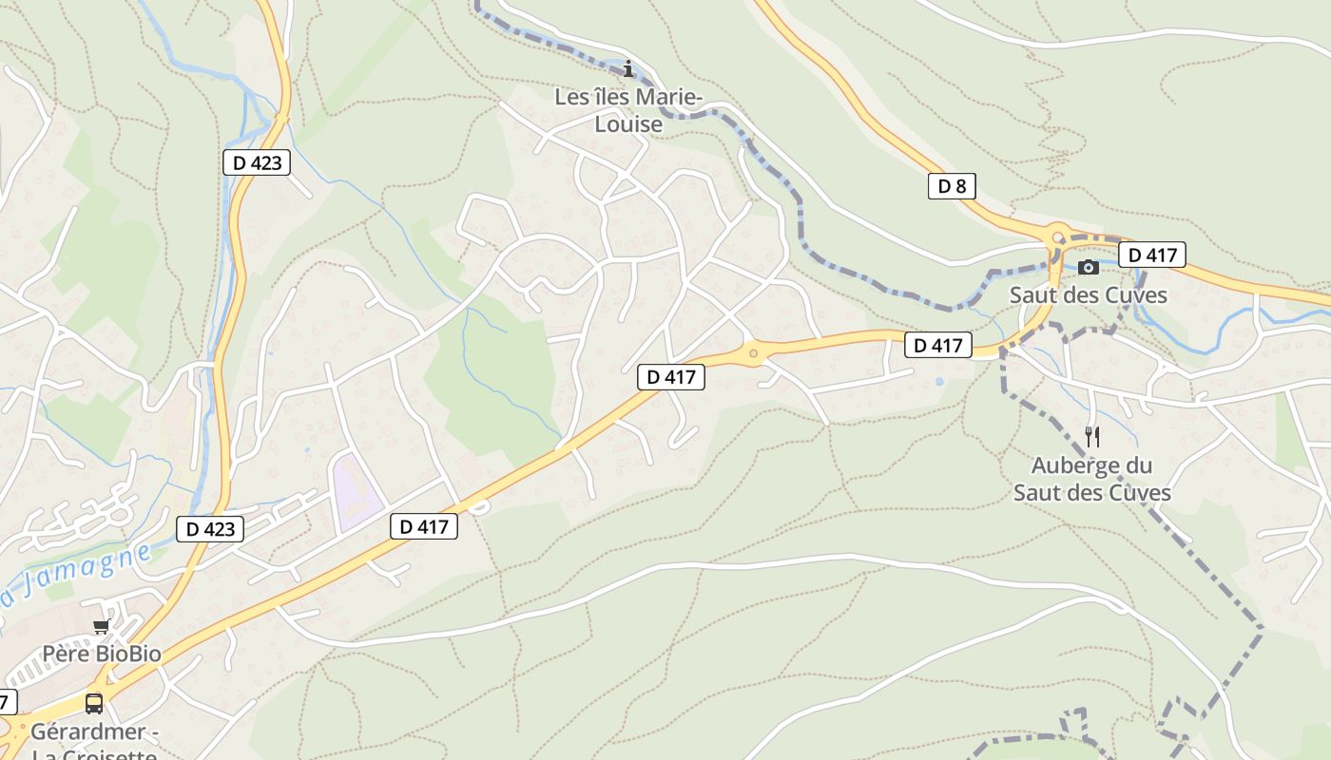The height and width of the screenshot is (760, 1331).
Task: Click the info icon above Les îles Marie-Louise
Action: coord(627,68)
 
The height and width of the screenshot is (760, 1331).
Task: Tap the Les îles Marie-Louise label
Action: coord(628,110)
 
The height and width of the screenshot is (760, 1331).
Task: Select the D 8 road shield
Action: coord(952,186)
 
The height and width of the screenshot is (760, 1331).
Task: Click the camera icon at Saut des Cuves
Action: coord(1089,267)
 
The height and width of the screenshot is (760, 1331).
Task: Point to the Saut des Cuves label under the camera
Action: coord(1088,294)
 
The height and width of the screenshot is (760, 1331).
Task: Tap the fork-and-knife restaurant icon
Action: coord(1092,437)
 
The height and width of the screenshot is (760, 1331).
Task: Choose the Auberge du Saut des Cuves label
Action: coord(1091,479)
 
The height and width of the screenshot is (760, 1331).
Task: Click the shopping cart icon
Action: coord(101,627)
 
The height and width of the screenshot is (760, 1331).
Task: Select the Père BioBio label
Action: coord(102,654)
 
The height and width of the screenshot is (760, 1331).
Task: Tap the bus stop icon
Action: coord(93,704)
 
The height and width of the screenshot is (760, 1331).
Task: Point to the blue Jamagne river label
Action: coord(76,575)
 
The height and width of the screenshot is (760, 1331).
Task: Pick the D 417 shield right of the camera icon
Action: coord(1151,255)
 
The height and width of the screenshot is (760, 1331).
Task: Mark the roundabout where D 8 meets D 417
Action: coord(1057,236)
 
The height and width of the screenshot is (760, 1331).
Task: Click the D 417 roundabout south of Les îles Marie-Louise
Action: coord(754,354)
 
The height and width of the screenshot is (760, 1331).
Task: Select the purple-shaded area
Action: coord(356,492)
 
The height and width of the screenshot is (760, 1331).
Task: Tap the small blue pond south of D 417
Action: coord(939,381)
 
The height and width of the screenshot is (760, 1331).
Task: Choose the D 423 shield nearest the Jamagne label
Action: coord(209,529)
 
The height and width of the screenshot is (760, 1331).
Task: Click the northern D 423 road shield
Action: coord(257,162)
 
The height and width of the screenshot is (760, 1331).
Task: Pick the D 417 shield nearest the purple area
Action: coord(424,526)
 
